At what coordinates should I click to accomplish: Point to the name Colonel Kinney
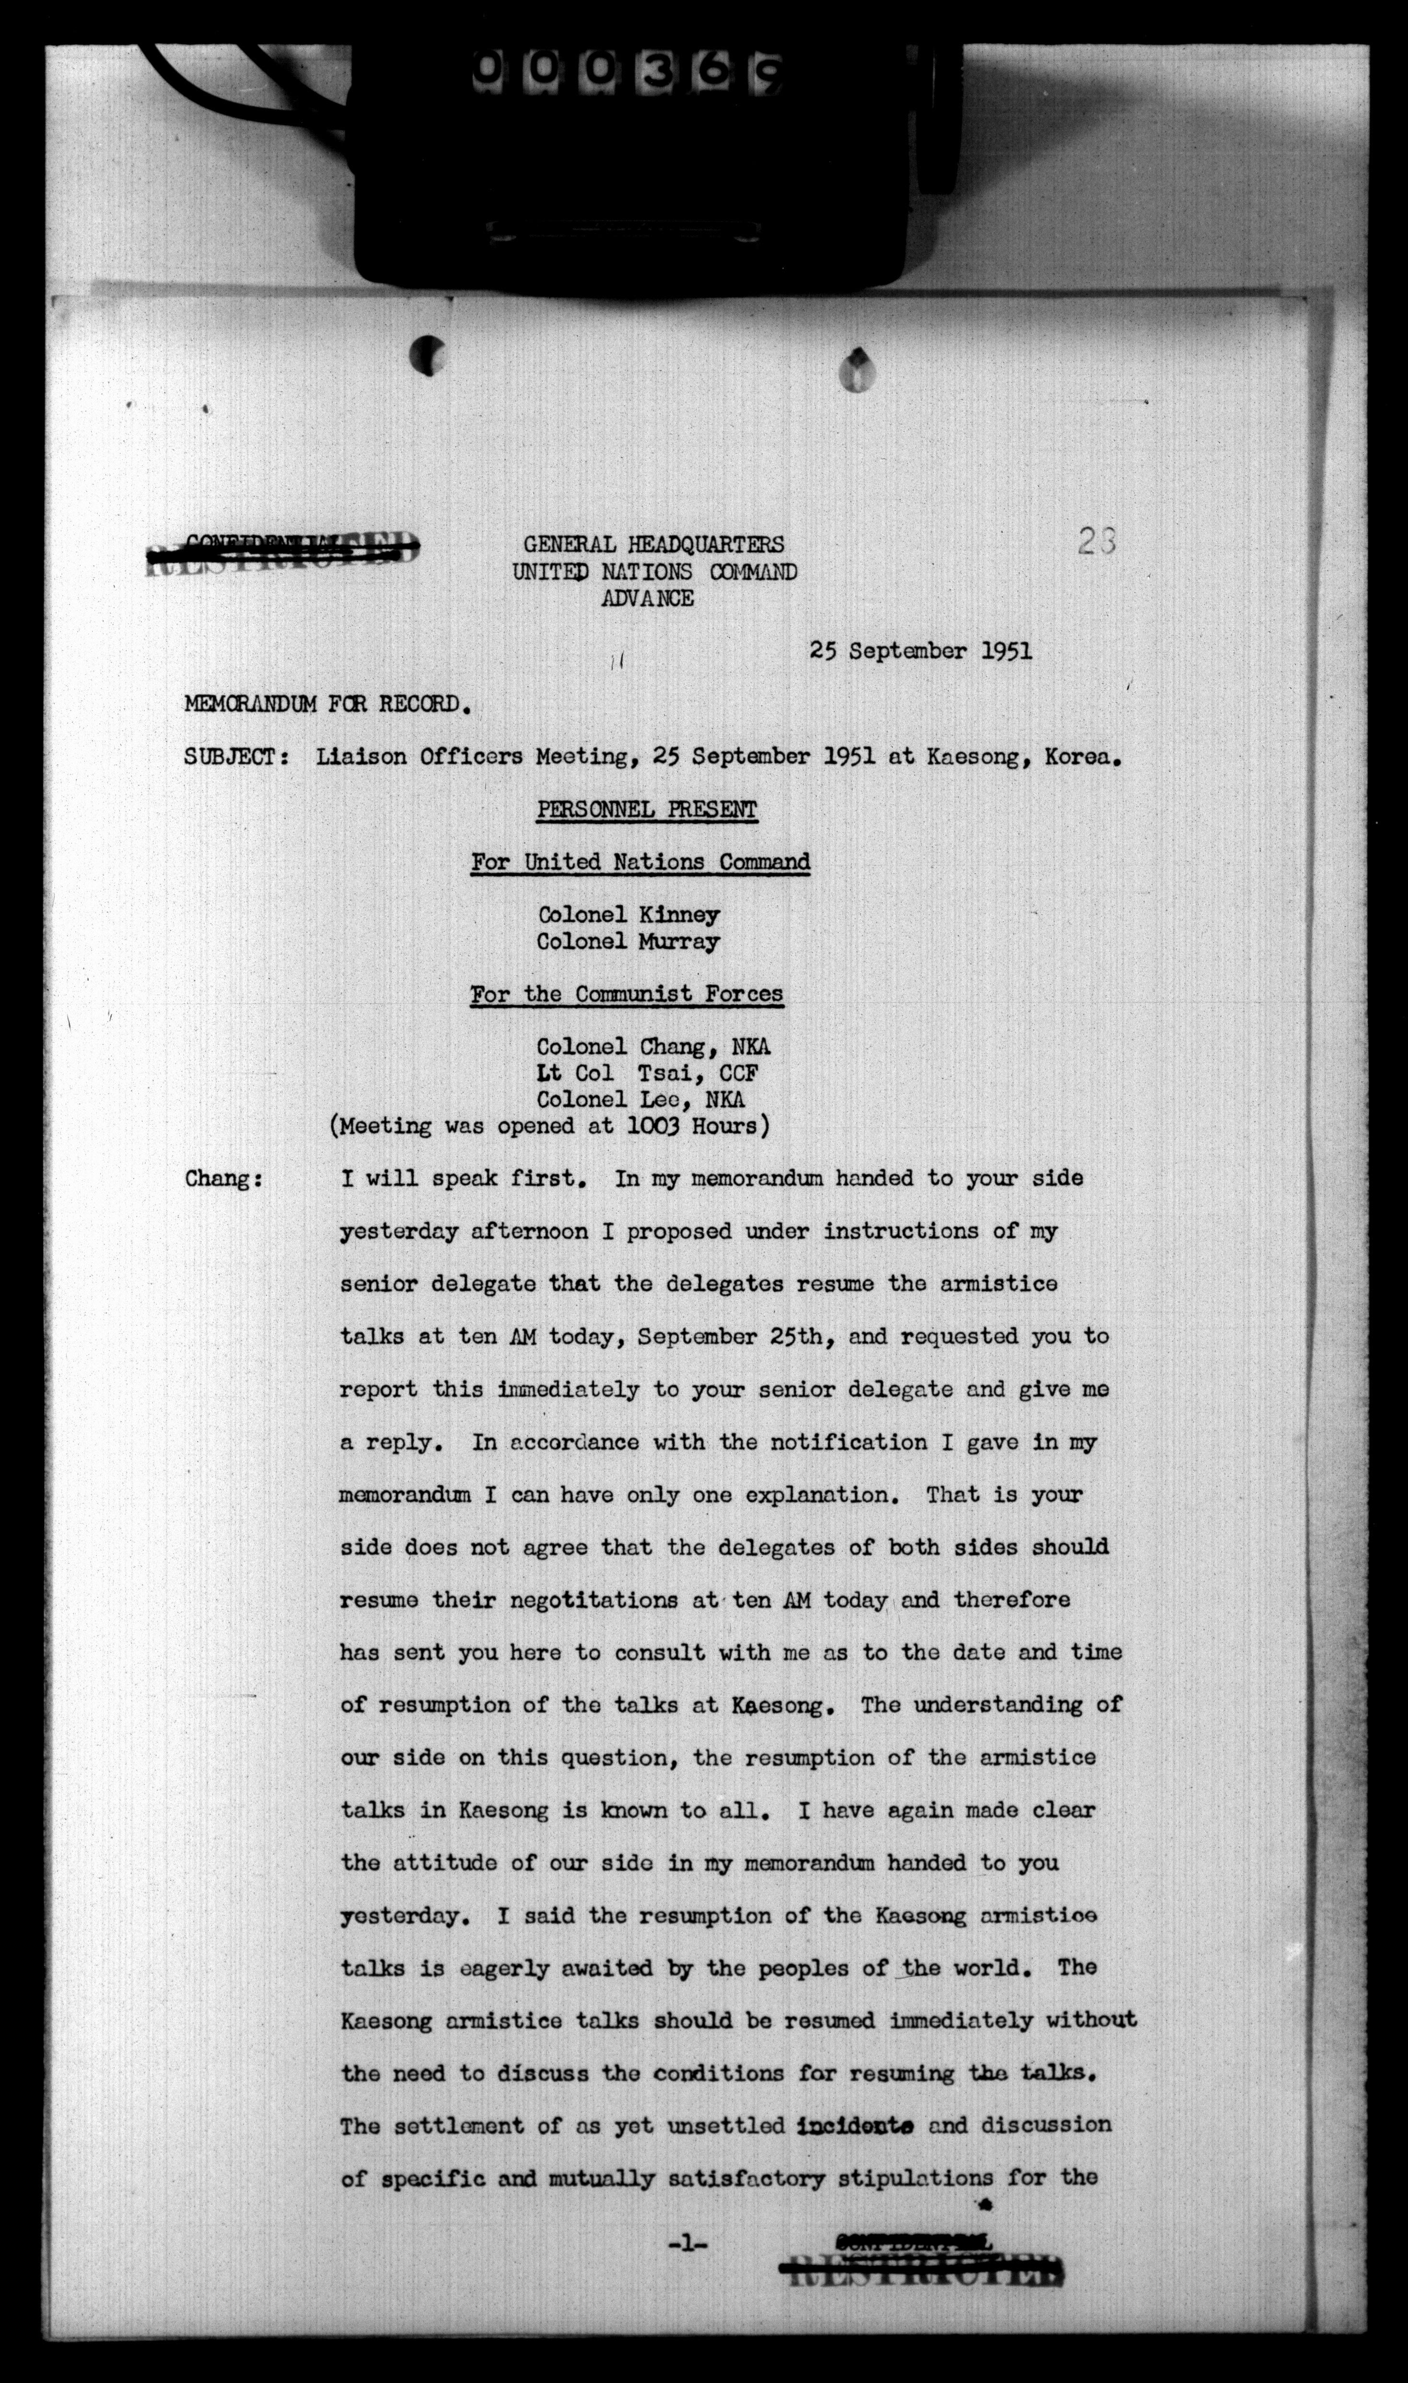point(628,915)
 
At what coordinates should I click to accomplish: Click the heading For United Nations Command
point(640,863)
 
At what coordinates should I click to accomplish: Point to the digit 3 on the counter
point(653,67)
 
